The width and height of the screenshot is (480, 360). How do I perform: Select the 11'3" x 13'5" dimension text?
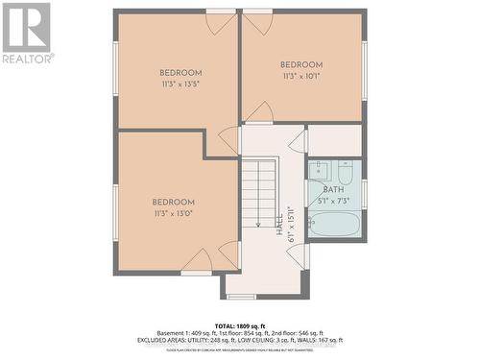pyautogui.click(x=180, y=84)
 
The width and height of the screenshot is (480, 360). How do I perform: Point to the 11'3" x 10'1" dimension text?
pyautogui.click(x=301, y=76)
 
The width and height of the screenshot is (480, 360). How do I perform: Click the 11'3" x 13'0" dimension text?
pyautogui.click(x=173, y=213)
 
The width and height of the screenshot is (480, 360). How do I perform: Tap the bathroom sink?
pyautogui.click(x=321, y=171)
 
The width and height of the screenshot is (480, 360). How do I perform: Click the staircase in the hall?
pyautogui.click(x=258, y=192)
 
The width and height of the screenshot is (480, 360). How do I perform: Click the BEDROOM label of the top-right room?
pyautogui.click(x=301, y=64)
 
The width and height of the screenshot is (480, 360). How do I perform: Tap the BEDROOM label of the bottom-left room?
pyautogui.click(x=173, y=202)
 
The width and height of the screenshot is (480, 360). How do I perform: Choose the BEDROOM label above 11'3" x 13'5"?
pyautogui.click(x=180, y=73)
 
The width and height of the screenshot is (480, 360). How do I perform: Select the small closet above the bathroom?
pyautogui.click(x=335, y=140)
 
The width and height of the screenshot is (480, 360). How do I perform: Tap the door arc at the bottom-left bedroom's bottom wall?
pyautogui.click(x=197, y=260)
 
